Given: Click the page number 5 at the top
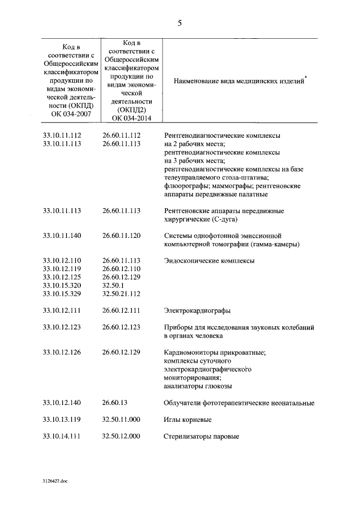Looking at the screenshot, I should (179, 23).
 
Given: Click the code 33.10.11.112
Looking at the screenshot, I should (62, 136).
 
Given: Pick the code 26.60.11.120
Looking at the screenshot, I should (121, 235).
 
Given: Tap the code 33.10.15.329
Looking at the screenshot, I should (62, 294).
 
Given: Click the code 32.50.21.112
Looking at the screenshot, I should (121, 294).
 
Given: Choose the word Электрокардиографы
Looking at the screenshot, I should (197, 310).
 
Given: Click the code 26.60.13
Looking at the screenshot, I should (115, 403).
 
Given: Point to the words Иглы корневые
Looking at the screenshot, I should (188, 420).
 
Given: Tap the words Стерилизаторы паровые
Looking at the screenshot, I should (201, 436).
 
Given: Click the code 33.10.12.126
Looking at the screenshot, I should (62, 352).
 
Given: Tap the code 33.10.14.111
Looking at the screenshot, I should (62, 436).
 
